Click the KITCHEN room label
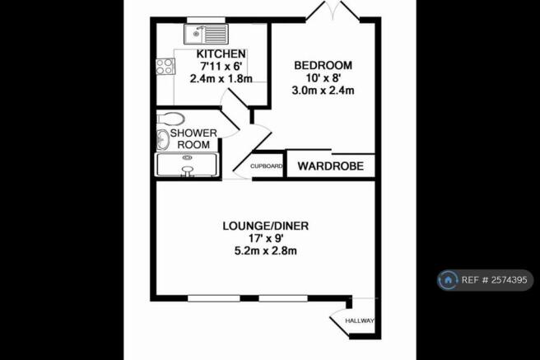tap(221, 54)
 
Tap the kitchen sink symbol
tap(206, 34)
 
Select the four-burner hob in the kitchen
tap(165, 67)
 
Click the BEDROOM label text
tap(323, 65)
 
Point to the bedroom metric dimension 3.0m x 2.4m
tap(323, 91)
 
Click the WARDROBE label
tap(331, 166)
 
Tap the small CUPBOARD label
tap(266, 166)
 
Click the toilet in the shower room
tap(170, 119)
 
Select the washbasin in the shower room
tap(163, 140)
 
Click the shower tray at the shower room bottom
tap(187, 165)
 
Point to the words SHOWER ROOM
tap(193, 139)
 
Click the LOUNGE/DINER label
tap(266, 226)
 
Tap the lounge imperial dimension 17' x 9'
tap(266, 238)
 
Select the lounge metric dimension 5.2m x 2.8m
tap(266, 250)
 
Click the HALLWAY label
tap(360, 320)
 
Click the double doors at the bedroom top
tap(333, 11)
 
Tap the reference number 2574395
tap(509, 280)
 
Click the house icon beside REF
tap(448, 280)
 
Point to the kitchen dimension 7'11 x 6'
tap(221, 67)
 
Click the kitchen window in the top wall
tap(206, 20)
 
